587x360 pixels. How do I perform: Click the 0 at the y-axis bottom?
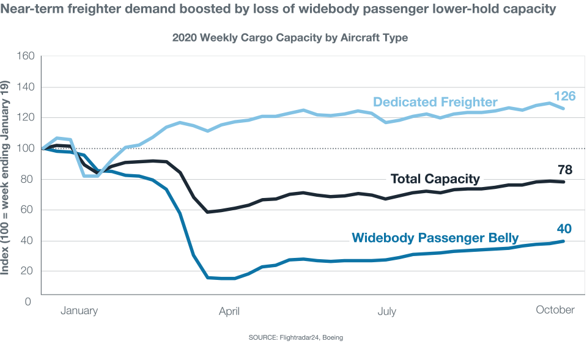pos(28,301)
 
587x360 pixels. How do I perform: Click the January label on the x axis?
pos(79,311)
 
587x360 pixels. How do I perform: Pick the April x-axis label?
pos(229,311)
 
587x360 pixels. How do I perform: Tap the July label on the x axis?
pos(386,311)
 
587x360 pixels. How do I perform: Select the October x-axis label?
pos(555,310)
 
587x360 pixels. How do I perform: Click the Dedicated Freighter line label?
pos(435,102)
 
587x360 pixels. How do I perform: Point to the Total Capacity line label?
pos(435,179)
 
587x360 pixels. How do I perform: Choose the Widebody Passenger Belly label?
pos(435,238)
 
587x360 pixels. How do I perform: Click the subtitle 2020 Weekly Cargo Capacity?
pos(290,37)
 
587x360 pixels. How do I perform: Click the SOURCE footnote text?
pos(295,337)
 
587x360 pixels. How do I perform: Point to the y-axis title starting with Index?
pos(8,177)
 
